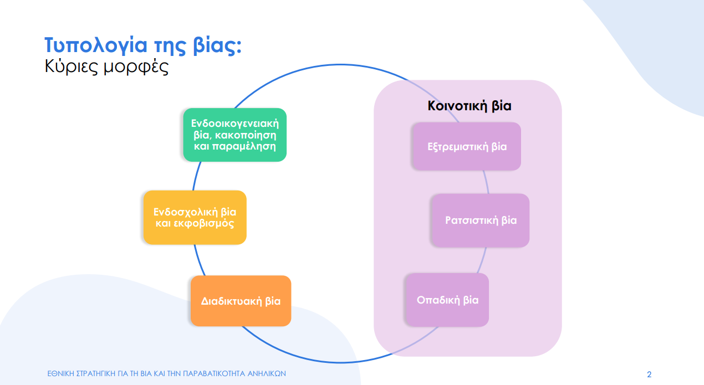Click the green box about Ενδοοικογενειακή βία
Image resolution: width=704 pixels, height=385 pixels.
click(x=234, y=135)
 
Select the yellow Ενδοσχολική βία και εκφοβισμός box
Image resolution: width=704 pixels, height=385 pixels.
click(x=195, y=218)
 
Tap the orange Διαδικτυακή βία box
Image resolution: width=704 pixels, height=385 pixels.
click(x=241, y=301)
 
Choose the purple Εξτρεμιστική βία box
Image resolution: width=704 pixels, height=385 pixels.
click(x=466, y=147)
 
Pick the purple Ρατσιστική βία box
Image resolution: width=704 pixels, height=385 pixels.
click(x=480, y=220)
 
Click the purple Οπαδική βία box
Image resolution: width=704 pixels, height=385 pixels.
click(x=447, y=300)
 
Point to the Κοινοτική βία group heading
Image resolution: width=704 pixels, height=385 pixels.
click(x=469, y=106)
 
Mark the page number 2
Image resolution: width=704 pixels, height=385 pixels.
click(x=649, y=374)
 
